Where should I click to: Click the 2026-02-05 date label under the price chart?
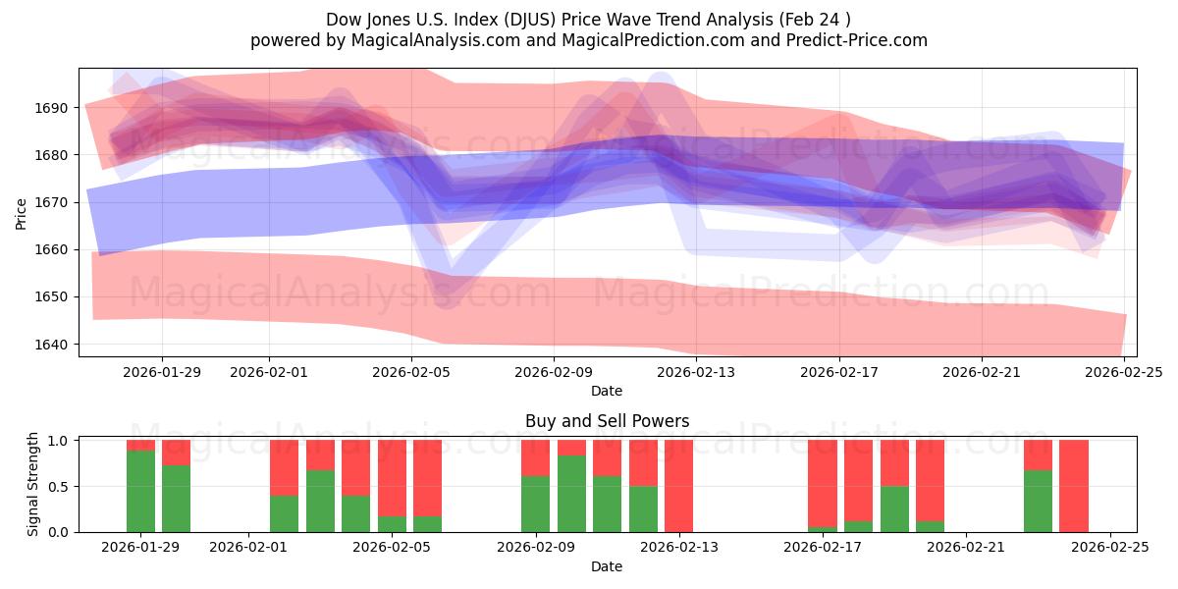(410, 372)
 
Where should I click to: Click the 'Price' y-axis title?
(22, 212)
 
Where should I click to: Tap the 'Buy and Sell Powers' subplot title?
(607, 421)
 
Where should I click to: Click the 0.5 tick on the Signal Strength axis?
(56, 487)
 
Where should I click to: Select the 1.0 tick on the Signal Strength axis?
(56, 441)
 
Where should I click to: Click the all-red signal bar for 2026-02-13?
(678, 486)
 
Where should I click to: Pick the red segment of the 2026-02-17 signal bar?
(822, 483)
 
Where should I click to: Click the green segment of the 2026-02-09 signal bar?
(535, 504)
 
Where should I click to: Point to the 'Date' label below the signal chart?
(607, 566)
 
